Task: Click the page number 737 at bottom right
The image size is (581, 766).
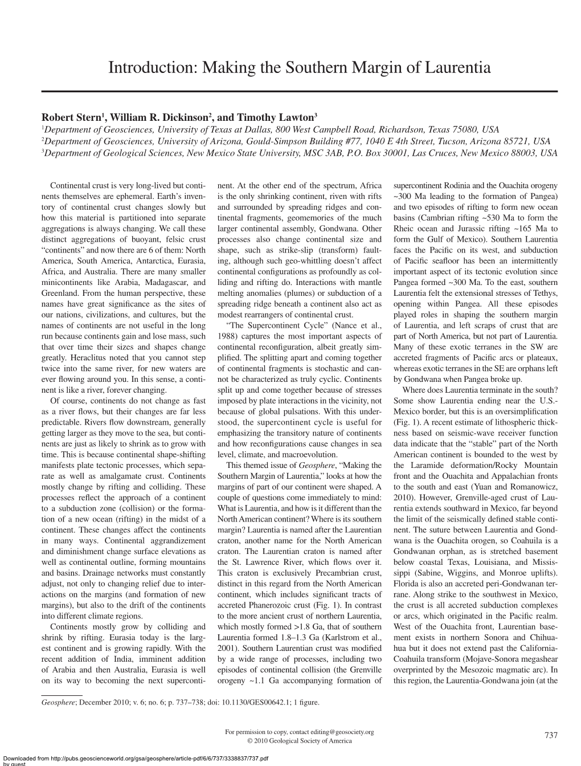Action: point(550,736)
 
